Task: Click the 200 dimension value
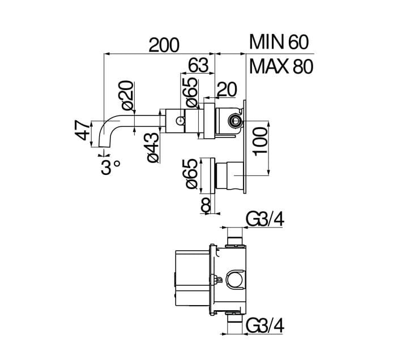click(164, 45)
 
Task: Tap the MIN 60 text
click(279, 42)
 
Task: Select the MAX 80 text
click(281, 67)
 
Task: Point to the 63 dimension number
click(198, 65)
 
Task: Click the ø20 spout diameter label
click(127, 95)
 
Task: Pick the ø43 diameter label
click(153, 147)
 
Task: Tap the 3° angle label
click(110, 167)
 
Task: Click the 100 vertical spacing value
click(260, 142)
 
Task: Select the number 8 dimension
click(206, 205)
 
